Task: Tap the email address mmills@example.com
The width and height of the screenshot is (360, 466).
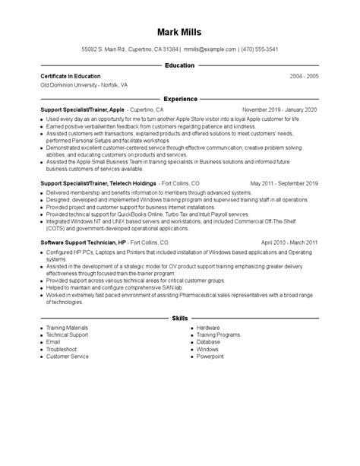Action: coord(210,49)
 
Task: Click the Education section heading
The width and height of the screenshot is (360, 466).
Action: coord(179,66)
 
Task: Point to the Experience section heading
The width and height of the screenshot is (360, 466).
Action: coord(179,99)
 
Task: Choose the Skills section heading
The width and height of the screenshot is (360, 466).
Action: coord(179,316)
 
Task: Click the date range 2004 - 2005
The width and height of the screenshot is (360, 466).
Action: coord(304,76)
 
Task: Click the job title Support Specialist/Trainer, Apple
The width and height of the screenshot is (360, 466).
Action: coord(82,109)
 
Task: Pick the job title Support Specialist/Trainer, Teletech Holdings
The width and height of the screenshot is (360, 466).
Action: coord(99,183)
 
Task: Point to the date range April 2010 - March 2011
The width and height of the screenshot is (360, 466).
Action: coord(289,243)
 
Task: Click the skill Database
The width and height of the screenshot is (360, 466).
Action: coord(208,341)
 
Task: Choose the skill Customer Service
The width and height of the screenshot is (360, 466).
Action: coord(68,356)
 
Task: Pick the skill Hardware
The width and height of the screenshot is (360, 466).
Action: coord(209,327)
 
